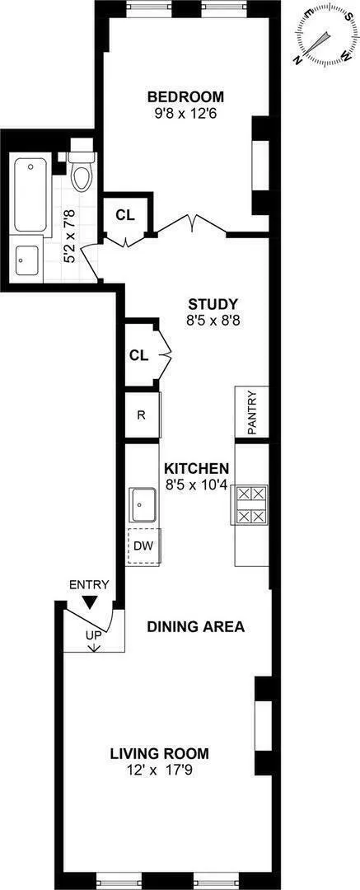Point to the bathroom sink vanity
click(x=28, y=258)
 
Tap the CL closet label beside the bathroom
click(x=125, y=215)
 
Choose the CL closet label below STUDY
click(x=138, y=356)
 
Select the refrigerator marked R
click(x=141, y=415)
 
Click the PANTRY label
click(x=252, y=412)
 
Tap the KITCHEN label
click(x=196, y=469)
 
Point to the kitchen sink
click(x=143, y=501)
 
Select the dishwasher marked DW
click(x=143, y=545)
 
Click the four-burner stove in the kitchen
click(x=251, y=505)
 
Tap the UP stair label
click(x=95, y=635)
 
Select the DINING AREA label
click(x=196, y=626)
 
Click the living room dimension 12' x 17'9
click(x=160, y=771)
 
